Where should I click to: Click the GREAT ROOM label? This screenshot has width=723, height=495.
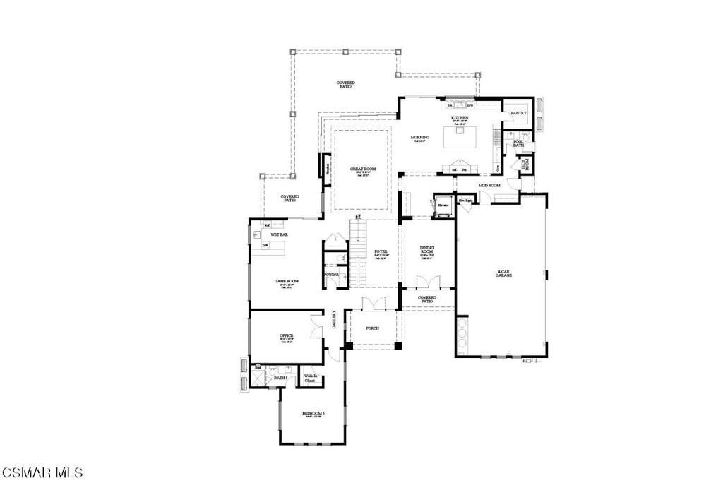pos(362,169)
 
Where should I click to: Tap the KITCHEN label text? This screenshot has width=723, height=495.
pos(460,118)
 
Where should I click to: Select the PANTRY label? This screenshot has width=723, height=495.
pos(518,112)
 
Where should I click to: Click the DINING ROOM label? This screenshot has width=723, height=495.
pos(426,249)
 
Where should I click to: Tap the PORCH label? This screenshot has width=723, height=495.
pos(373,328)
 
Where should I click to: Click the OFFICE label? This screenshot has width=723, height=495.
pos(286,335)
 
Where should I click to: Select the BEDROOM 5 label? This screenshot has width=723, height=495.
pos(313,413)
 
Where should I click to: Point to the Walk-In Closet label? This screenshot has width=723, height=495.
pos(309,378)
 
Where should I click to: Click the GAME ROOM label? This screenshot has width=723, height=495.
pos(286,281)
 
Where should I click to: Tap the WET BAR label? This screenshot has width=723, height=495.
pos(279,234)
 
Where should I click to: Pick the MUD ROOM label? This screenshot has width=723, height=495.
pos(489,185)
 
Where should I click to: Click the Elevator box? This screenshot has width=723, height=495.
pos(444,205)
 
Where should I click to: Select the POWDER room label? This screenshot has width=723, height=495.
pos(330,275)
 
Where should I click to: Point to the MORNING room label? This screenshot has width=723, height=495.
pos(420,137)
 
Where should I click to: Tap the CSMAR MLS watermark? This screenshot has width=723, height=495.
pos(42,472)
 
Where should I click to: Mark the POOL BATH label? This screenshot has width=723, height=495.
pos(518,143)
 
